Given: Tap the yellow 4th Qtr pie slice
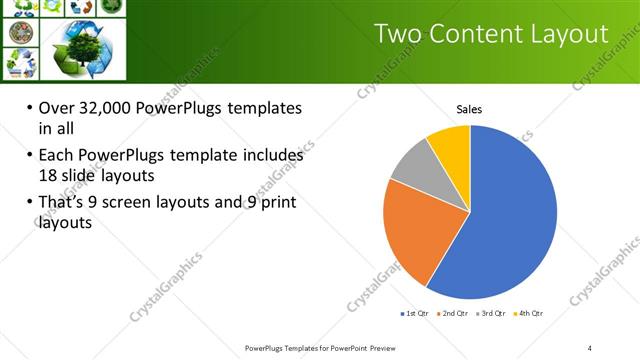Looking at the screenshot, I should [451, 146].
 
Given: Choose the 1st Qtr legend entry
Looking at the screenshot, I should [415, 313].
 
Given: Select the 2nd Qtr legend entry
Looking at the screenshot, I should [454, 313].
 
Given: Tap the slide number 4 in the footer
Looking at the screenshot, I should [590, 347].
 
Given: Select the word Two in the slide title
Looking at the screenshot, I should [399, 34].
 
